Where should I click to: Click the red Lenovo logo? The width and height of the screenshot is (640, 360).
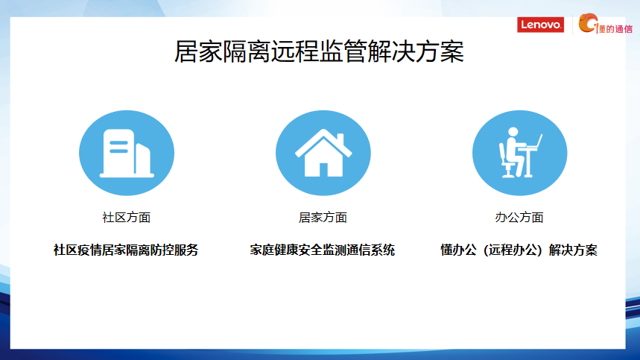(540, 25)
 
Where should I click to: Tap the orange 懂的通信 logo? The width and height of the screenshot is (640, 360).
(606, 24)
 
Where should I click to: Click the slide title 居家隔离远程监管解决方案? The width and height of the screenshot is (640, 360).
(319, 52)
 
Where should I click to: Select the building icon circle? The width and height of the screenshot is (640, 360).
(127, 153)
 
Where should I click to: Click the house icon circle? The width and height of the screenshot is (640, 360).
(323, 153)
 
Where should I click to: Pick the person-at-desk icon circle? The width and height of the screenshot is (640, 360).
(519, 153)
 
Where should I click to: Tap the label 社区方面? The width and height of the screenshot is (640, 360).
(127, 218)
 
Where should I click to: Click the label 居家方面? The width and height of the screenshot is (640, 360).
(323, 218)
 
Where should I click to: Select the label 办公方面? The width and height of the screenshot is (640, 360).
(519, 218)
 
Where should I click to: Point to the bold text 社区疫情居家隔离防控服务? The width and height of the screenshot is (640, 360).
(126, 250)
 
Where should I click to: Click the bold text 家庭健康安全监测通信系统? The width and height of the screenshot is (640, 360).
(323, 250)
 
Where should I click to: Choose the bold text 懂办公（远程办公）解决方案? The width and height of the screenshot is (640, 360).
(519, 250)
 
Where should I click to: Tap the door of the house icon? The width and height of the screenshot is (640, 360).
(323, 170)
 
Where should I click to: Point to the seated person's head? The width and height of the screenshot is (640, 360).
(513, 132)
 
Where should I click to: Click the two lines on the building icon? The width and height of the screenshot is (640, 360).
(118, 147)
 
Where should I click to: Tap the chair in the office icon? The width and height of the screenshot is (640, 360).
(506, 161)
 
